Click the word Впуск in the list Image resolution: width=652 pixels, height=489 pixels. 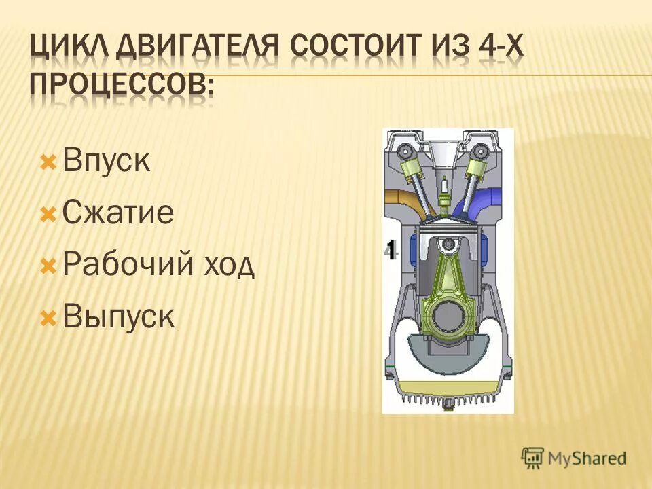(x=106, y=163)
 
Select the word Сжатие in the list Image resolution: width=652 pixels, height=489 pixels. (x=117, y=214)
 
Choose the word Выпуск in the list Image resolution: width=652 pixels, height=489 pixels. (x=118, y=317)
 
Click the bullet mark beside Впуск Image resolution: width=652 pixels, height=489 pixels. (x=48, y=163)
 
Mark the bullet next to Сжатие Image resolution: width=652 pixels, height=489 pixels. (x=48, y=215)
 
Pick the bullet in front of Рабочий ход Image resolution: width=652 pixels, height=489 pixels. (x=48, y=266)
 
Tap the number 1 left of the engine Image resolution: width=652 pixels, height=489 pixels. (x=390, y=249)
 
